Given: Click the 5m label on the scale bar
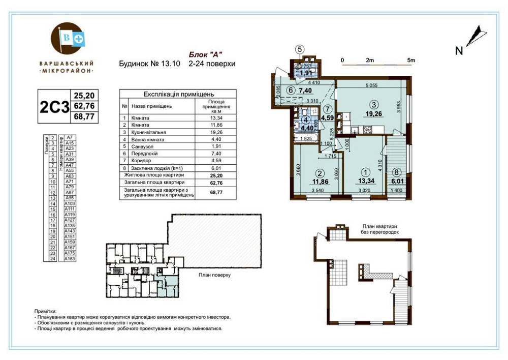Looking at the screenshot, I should pos(411,60).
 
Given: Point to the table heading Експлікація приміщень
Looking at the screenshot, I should pos(178,95).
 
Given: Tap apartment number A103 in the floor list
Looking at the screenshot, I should pos(70,203).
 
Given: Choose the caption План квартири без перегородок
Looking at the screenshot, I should pos(379,228).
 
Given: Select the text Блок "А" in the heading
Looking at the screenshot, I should pos(206,54).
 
